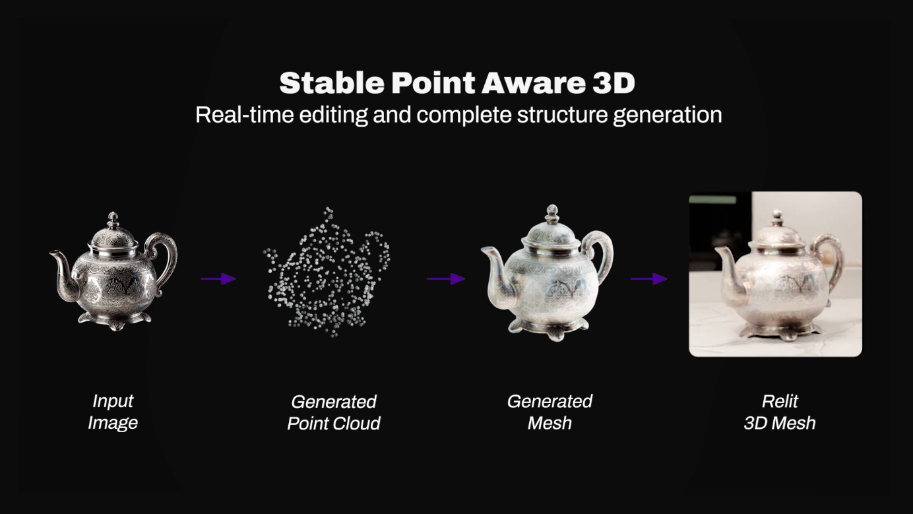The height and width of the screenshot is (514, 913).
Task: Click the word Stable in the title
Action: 331,83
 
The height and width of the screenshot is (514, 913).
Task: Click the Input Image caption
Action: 113,412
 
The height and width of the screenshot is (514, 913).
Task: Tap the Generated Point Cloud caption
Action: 334,412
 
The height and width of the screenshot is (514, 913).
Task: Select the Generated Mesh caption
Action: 550,412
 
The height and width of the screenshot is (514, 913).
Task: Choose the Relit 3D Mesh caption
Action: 780,412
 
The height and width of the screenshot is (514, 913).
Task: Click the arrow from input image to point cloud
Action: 218,278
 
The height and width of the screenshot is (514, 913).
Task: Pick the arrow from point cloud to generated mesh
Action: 446,278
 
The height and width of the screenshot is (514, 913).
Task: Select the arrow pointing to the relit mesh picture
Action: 649,278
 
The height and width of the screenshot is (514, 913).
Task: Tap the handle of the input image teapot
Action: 166,254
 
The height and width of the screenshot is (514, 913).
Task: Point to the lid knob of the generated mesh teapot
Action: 552,213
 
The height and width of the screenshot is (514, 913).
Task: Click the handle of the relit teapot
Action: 833,257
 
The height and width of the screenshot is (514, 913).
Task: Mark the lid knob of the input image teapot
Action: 113,219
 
